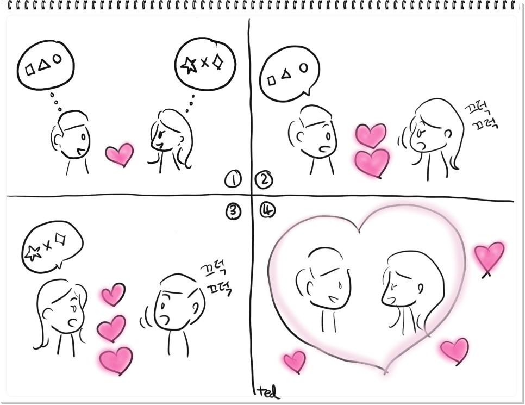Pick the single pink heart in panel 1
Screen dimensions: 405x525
(x=119, y=154)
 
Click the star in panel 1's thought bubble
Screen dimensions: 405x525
(x=188, y=65)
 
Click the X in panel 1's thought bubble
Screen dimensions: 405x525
(x=204, y=63)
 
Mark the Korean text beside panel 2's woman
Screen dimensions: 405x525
(x=480, y=118)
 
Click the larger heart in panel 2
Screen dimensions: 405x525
(x=372, y=161)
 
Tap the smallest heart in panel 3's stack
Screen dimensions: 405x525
(x=113, y=294)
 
